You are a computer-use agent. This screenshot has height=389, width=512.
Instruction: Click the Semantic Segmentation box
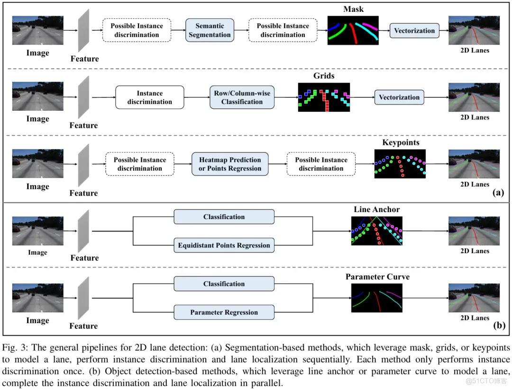point(210,30)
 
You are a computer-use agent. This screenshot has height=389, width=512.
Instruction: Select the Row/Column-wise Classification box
point(242,97)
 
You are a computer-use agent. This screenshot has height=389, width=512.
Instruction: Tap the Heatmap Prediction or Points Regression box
point(230,164)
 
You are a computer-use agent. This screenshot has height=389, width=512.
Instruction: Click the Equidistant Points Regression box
point(224,245)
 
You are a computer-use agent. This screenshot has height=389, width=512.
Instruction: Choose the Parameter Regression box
point(224,312)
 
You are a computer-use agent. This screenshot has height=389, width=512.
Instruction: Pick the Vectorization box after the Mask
point(414,31)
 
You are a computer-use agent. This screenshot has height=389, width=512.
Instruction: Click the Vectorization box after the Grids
point(399,97)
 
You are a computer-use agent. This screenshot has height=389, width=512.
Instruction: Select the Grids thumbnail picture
point(324,97)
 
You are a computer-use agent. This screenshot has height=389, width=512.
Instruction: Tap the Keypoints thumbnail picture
point(400,164)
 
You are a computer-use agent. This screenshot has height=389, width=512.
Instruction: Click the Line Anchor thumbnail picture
point(376,230)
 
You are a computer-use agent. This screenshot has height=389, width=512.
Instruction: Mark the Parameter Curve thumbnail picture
point(376,298)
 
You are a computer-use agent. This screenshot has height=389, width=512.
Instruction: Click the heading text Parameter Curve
point(377,277)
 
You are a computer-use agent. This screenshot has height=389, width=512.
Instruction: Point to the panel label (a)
point(498,193)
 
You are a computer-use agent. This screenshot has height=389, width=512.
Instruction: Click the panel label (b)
point(498,326)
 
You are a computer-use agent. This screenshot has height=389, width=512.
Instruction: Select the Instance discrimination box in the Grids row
point(150,97)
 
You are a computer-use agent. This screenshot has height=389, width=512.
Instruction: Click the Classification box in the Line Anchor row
point(224,217)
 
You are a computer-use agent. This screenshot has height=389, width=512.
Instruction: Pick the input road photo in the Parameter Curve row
point(37,298)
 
